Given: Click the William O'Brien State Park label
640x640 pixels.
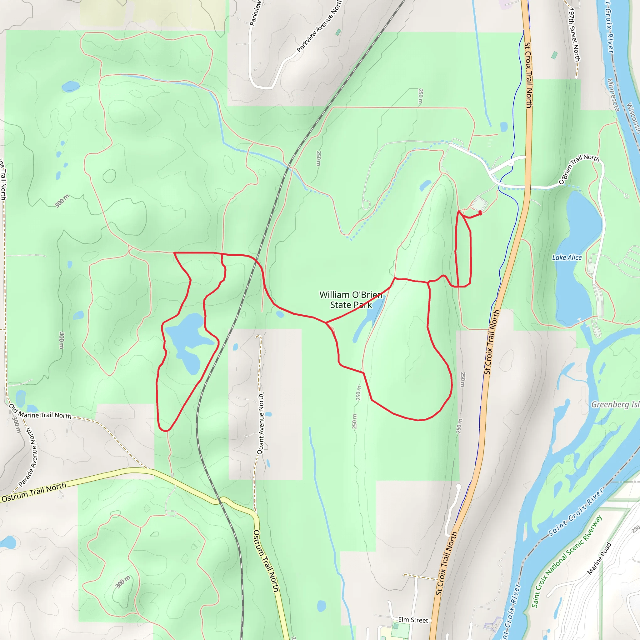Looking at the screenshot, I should pos(351,299).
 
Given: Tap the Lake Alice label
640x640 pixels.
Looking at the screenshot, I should pos(567,257).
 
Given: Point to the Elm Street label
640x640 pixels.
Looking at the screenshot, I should pos(413,619).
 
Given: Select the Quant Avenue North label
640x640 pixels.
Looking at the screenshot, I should pos(261,424).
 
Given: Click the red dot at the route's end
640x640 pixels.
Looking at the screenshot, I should pos(480,213).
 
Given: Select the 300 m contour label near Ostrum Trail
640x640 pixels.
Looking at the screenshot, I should pos(123,582).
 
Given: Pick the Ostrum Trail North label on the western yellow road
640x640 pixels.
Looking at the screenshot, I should pos(34,492).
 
